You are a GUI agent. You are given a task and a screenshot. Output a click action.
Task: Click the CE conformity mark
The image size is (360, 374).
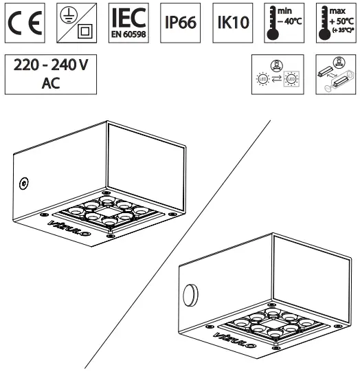24,22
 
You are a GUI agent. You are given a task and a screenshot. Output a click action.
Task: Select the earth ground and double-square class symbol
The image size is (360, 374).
77,22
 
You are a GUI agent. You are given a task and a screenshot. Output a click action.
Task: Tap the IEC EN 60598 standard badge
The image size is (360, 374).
129,22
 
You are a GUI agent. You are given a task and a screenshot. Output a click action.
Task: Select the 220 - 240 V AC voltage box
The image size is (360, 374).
50,74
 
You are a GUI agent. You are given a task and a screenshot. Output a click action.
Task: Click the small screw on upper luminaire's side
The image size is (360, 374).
24,184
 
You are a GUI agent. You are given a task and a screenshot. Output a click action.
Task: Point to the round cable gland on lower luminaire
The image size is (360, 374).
190,295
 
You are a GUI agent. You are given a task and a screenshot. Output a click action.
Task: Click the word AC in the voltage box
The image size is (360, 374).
50,85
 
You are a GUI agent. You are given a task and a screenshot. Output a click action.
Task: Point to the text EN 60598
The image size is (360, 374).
129,34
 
